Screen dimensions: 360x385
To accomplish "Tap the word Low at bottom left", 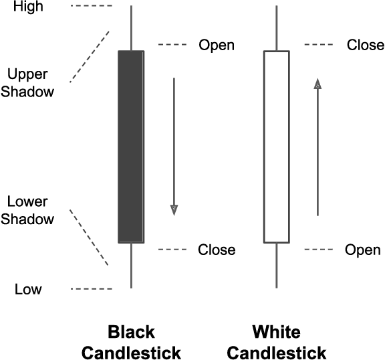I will point(28,290).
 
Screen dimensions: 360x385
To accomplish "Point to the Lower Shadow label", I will point(27,209).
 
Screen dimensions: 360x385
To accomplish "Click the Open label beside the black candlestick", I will point(217,46).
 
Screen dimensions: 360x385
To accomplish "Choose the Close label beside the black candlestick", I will point(217,250).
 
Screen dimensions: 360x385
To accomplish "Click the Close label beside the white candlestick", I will point(366,46).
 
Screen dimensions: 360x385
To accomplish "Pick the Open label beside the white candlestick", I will point(362,250).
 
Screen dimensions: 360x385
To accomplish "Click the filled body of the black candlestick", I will point(131,146).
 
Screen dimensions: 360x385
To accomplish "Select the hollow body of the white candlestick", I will point(277,146).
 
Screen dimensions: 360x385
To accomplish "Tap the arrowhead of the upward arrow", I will point(317,83).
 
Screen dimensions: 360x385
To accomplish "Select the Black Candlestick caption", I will point(131,342).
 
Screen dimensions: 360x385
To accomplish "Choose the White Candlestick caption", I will point(277,342).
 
